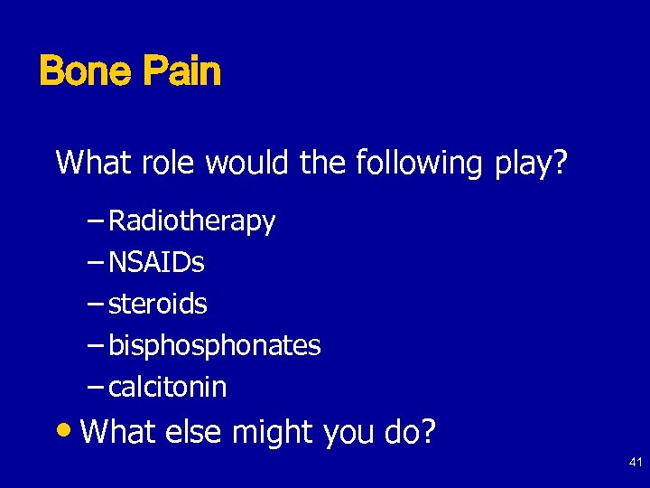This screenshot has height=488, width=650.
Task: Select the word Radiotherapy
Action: [x=191, y=221]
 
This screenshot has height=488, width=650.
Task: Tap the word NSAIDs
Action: [x=156, y=263]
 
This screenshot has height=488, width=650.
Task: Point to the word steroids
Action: [x=157, y=305]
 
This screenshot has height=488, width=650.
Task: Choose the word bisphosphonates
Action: [x=214, y=346]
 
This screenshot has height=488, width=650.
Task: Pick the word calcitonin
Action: [x=167, y=388]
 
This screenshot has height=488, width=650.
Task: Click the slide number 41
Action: [x=635, y=463]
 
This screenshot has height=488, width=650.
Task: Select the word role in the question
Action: [x=170, y=163]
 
